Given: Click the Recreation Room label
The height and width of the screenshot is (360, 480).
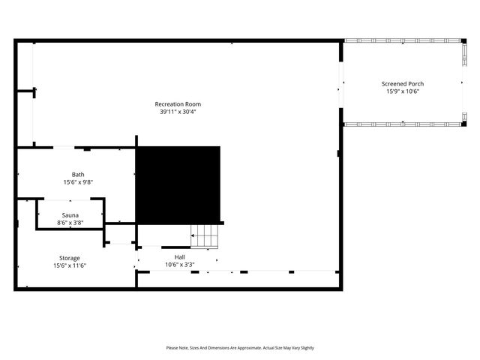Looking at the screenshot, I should [x=178, y=103].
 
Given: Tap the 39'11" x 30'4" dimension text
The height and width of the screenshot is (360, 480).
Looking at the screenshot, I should [x=178, y=112].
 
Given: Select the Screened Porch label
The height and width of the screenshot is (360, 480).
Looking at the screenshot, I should [x=403, y=83].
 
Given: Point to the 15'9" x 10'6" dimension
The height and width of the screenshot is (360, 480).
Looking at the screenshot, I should [x=403, y=91].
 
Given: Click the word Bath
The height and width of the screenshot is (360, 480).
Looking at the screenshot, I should [x=78, y=174].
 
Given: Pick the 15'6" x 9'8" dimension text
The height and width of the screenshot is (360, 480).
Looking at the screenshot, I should [x=78, y=182].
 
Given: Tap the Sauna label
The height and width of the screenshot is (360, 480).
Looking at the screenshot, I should [x=70, y=215].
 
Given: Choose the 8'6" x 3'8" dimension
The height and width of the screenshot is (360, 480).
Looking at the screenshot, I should [x=70, y=223].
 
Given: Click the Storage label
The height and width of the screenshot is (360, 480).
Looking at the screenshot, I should [x=70, y=258].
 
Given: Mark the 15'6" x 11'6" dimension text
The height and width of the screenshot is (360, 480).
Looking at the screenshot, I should [x=70, y=265].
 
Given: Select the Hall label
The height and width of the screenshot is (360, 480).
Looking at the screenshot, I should [x=180, y=256].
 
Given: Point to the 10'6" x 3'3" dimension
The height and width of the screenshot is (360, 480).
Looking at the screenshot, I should [x=180, y=264].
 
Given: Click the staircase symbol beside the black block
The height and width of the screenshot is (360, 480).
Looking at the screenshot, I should [x=205, y=236].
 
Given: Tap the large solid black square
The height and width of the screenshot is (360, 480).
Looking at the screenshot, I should [x=178, y=184].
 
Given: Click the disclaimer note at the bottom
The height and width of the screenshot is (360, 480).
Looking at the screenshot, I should [x=240, y=348].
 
